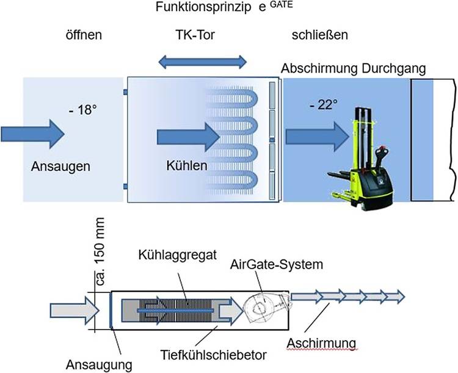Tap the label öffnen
(83, 35)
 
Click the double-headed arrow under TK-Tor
(202, 61)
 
